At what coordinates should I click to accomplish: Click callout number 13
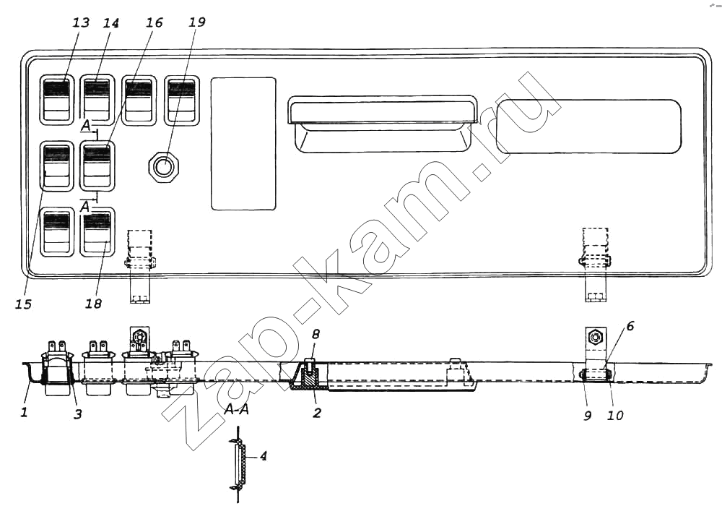tap(81, 22)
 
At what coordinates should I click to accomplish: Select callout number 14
tap(110, 22)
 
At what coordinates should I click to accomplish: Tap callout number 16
tap(155, 22)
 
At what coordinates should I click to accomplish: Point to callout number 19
tap(196, 22)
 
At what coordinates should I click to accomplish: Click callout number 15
tap(24, 304)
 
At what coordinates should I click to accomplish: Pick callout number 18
tap(93, 304)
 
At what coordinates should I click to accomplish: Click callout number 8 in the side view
tap(316, 334)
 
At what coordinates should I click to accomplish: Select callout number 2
tap(317, 412)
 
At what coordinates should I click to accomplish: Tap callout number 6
tap(630, 326)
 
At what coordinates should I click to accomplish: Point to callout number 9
tap(588, 416)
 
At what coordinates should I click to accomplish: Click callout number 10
tap(615, 416)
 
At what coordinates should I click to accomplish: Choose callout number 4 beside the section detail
tap(263, 456)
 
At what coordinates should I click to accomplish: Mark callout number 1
tap(24, 411)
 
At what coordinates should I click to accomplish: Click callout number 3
tap(78, 414)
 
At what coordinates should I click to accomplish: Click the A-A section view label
tap(237, 409)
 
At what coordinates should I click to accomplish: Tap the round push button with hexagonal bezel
tap(163, 166)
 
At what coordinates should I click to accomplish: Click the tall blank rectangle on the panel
tap(243, 144)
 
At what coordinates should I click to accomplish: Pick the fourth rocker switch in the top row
tap(182, 100)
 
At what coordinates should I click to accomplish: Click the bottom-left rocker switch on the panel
tap(57, 232)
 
